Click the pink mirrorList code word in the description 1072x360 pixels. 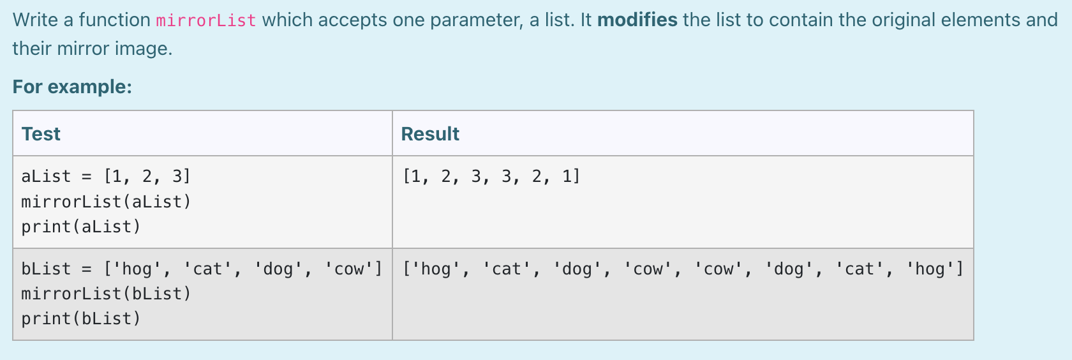[x=205, y=20]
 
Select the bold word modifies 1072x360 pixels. [x=637, y=20]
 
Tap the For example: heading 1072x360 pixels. [x=72, y=87]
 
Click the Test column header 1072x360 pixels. [x=41, y=134]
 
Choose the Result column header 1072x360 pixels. [x=430, y=134]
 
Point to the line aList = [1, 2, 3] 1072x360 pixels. [x=106, y=176]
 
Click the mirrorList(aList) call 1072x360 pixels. [x=106, y=202]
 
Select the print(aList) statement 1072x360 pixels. [x=81, y=227]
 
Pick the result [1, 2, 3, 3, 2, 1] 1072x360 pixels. [x=491, y=176]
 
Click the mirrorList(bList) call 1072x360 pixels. [x=106, y=294]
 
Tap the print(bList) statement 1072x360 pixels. [x=81, y=319]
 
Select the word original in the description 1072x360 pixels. [x=909, y=20]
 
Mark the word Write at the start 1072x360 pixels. [x=36, y=20]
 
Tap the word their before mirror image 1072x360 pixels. [x=33, y=49]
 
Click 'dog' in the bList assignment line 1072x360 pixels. [x=278, y=269]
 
